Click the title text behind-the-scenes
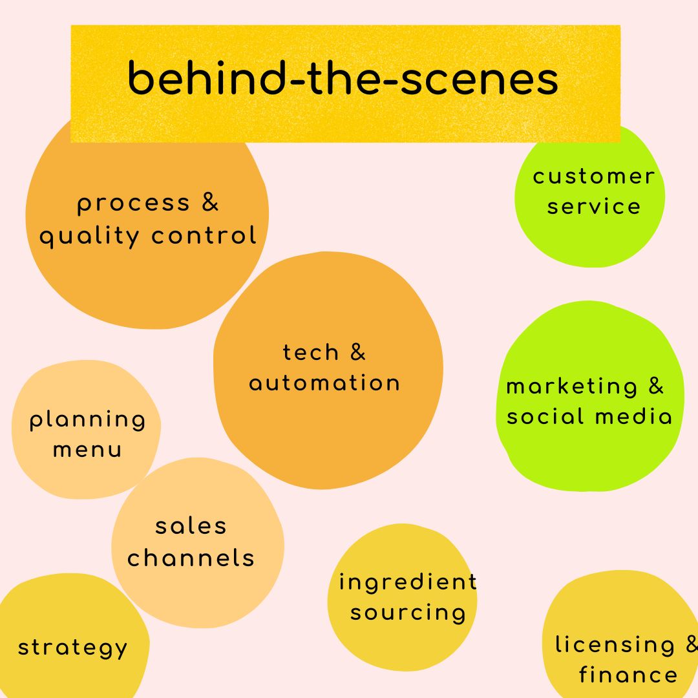[x=343, y=80]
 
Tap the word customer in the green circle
[x=593, y=176]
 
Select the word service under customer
[x=593, y=207]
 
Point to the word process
[x=134, y=204]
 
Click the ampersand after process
[x=210, y=202]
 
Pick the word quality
[x=89, y=237]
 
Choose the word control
[x=204, y=235]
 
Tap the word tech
[x=311, y=353]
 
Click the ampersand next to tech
[x=357, y=352]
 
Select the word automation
[x=324, y=383]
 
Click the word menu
[x=87, y=450]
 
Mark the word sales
[x=191, y=526]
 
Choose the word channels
[x=191, y=558]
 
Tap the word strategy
[x=72, y=648]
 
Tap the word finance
[x=628, y=675]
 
